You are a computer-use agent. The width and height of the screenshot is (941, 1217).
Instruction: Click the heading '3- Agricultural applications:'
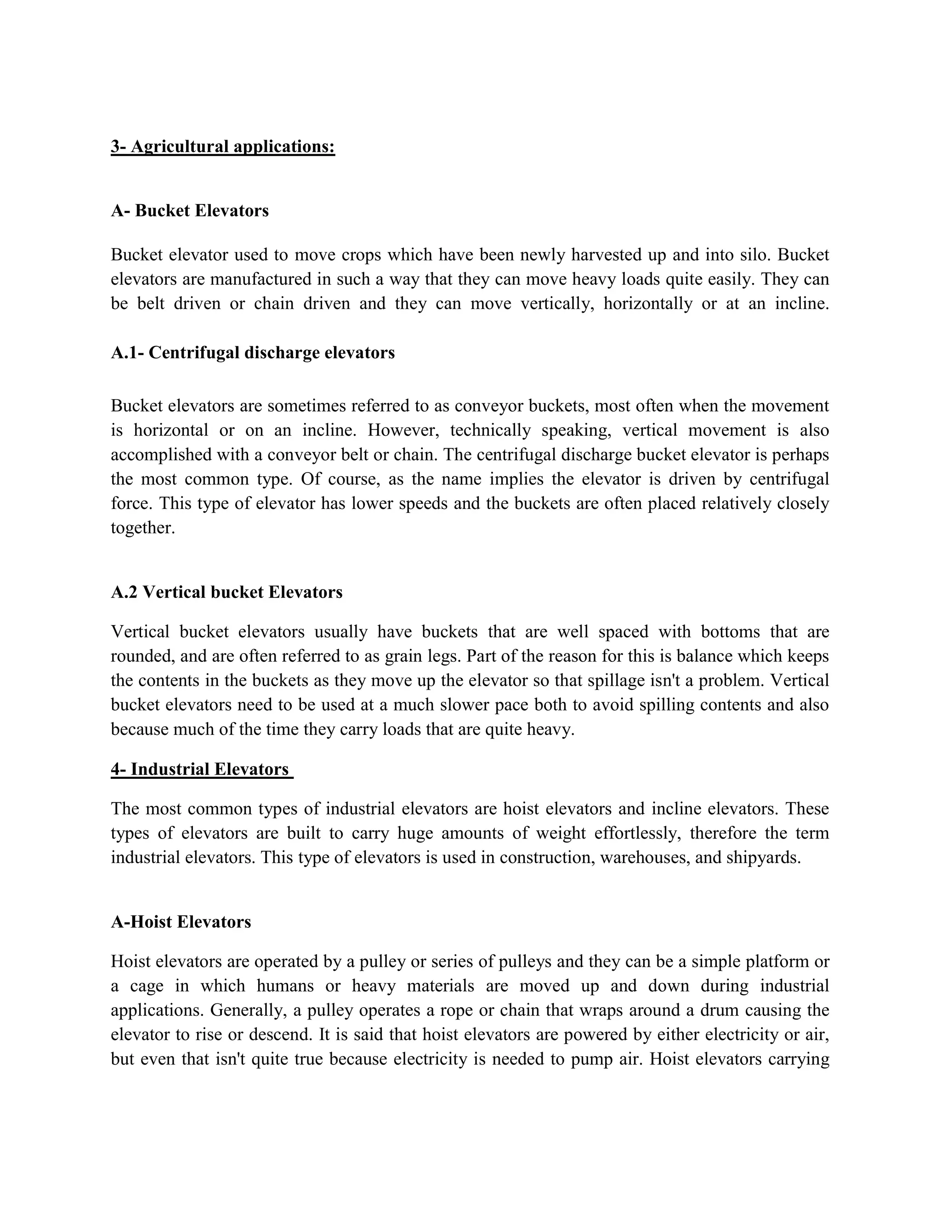pyautogui.click(x=222, y=146)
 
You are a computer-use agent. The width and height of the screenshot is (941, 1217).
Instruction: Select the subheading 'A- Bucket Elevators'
pyautogui.click(x=190, y=211)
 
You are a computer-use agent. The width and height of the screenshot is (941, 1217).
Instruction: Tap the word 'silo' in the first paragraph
pyautogui.click(x=755, y=255)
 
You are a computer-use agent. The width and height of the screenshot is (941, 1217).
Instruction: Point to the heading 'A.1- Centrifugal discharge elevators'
pyautogui.click(x=253, y=353)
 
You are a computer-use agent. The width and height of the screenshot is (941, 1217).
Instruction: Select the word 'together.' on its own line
pyautogui.click(x=143, y=528)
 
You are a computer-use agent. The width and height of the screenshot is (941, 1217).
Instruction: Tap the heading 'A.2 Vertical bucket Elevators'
pyautogui.click(x=227, y=592)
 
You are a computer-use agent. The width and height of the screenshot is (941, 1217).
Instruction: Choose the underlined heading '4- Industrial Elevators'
pyautogui.click(x=201, y=770)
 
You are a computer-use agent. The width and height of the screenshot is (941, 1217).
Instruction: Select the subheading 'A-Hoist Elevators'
pyautogui.click(x=181, y=922)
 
